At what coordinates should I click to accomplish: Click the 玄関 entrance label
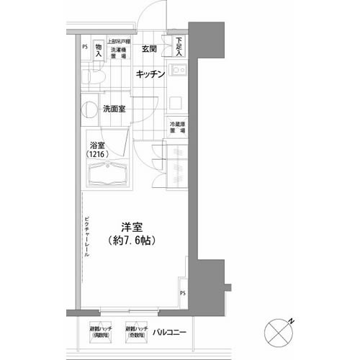(149, 50)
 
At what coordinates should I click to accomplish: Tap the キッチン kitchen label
(151, 74)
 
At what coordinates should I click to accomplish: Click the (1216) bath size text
(100, 155)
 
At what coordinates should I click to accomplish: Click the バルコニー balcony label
(171, 332)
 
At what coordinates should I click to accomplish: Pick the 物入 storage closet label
(99, 49)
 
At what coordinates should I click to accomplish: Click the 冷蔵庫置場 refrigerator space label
(177, 127)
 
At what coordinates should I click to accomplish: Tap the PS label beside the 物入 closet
(85, 48)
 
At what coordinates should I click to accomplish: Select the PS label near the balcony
(182, 292)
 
